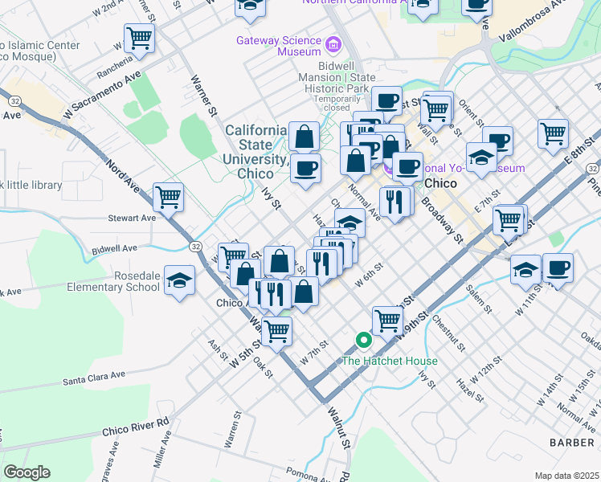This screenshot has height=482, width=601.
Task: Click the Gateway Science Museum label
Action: [278, 46]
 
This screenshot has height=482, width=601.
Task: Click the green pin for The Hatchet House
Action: [363, 341]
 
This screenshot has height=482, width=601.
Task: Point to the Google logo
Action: [26, 472]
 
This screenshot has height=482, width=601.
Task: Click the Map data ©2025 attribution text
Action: [566, 476]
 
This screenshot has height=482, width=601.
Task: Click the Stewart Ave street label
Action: [132, 218]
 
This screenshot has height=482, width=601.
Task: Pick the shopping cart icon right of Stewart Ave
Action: [168, 196]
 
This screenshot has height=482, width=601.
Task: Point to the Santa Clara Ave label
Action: [95, 375]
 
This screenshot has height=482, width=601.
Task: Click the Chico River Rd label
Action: [135, 427]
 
